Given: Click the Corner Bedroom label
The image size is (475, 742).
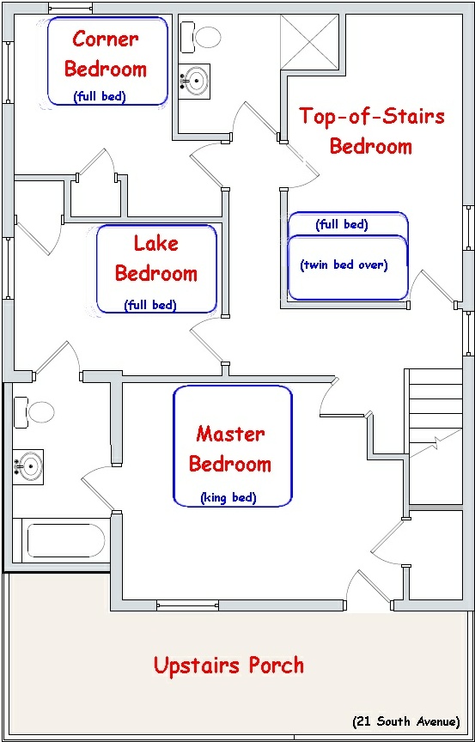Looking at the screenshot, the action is [106, 54].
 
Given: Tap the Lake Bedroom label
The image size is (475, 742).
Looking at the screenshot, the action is [156, 258].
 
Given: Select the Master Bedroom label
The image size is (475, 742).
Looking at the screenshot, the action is [230, 448].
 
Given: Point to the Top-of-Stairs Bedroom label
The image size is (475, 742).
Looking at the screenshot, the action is [372, 131].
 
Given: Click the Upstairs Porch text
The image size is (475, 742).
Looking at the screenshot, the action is [229, 665].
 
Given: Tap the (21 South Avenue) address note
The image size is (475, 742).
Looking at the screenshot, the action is [406, 721].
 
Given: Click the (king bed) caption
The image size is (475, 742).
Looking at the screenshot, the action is [228, 497].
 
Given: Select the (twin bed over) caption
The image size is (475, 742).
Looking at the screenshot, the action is [344, 265].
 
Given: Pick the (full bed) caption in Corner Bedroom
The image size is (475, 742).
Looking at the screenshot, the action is [100, 96].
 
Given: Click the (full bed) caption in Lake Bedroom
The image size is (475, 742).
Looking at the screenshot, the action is [150, 305].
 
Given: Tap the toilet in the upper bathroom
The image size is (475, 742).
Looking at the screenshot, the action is [201, 36].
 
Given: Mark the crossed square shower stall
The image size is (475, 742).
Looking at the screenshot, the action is [310, 41].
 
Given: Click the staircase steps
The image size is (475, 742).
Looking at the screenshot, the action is [435, 436].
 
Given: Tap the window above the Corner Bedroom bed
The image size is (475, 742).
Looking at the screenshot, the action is [70, 8].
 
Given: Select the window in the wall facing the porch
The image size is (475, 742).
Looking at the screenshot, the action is [188, 605].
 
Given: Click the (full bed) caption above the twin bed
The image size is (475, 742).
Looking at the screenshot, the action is [342, 225].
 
